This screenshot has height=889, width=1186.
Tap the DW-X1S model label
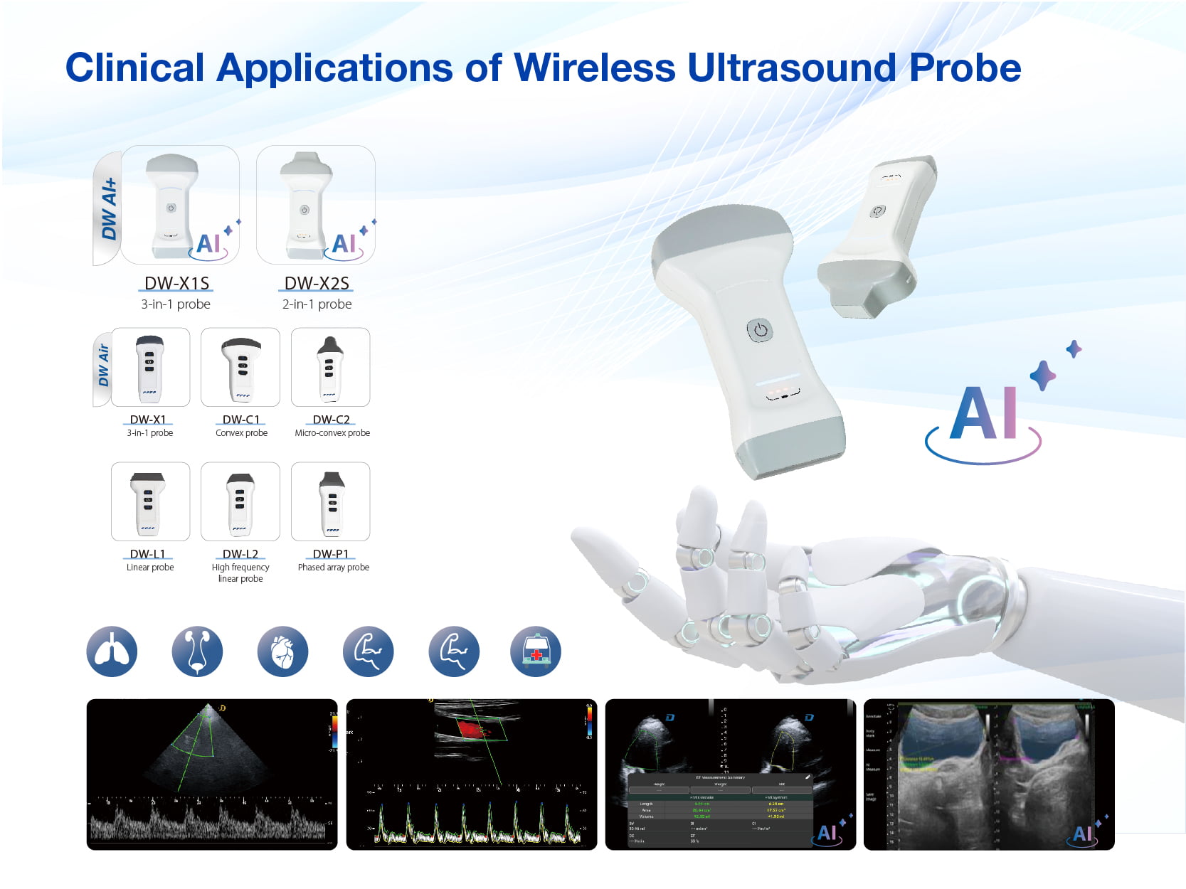coord(176,283)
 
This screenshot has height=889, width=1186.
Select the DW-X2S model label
coord(317,283)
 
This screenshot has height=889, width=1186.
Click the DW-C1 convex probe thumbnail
coord(240,367)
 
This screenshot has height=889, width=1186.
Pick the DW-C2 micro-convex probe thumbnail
coord(330,367)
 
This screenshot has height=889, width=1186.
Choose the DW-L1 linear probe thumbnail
coord(150,501)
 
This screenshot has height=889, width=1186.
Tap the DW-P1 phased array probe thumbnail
coord(330,501)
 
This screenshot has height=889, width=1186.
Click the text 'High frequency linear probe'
coord(240,573)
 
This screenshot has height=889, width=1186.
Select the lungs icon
coord(112,651)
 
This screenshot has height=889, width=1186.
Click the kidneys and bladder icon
coord(197,651)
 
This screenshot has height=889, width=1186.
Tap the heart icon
coord(282,651)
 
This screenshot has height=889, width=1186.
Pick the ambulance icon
coord(536,651)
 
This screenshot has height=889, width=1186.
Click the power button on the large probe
coord(760,330)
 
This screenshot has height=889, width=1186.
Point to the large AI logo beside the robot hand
coord(985,416)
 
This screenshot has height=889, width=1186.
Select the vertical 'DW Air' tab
coord(104,366)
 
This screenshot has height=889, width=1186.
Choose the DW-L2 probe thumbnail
coord(240,501)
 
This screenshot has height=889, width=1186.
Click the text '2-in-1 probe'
coord(317,304)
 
